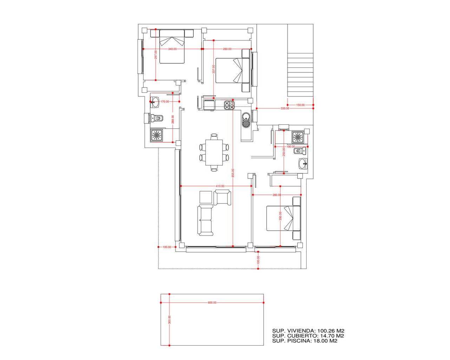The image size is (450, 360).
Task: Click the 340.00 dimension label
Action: (x=172, y=49)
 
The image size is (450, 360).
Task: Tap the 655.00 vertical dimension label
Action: (x=233, y=173)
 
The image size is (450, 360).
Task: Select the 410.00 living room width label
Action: (x=220, y=186)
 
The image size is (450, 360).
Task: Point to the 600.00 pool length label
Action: (x=212, y=302)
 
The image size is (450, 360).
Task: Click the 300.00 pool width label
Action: (x=169, y=319)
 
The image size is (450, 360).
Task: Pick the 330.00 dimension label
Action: (x=285, y=108)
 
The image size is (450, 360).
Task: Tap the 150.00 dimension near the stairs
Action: (x=300, y=105)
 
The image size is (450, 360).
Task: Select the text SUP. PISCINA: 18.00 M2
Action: (x=305, y=341)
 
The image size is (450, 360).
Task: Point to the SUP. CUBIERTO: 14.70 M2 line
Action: (x=308, y=336)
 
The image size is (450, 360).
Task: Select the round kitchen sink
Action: (x=246, y=120)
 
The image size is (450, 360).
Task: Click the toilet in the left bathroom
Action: (x=157, y=118)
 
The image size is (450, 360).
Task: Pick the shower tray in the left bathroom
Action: (x=156, y=135)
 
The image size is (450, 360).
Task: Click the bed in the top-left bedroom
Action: (x=172, y=46)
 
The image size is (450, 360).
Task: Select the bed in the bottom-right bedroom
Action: (x=283, y=218)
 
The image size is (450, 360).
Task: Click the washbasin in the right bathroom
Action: (x=303, y=163)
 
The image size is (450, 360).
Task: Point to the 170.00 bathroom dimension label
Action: (x=165, y=101)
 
